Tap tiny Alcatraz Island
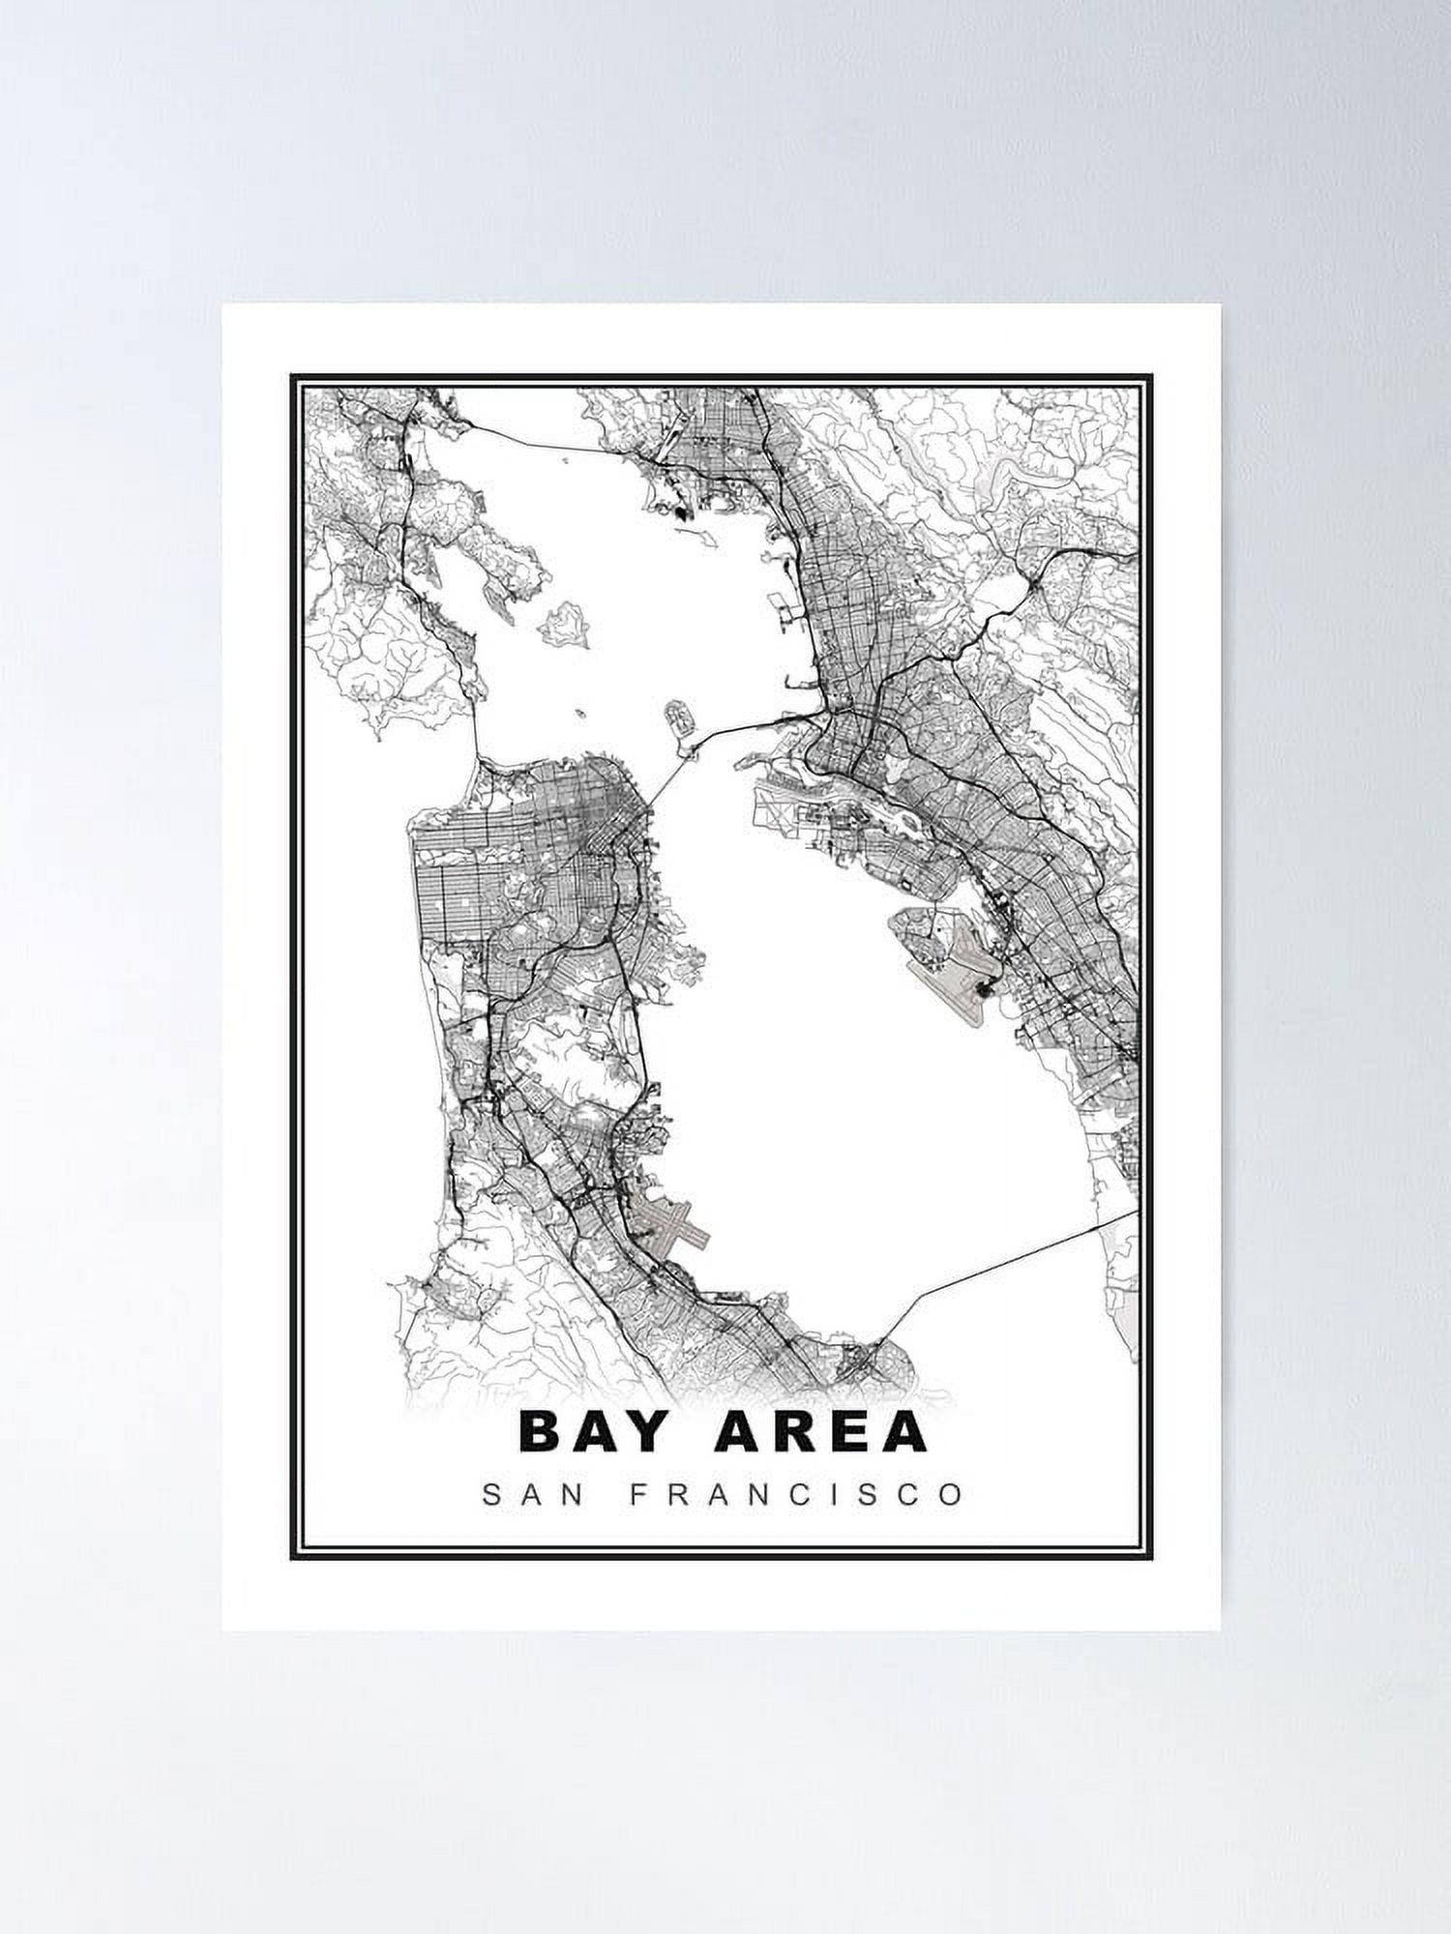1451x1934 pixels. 581,716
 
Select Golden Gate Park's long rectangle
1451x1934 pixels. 464,857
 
